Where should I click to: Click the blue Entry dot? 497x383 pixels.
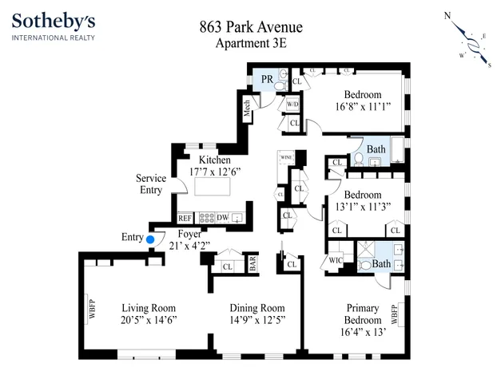point(150,238)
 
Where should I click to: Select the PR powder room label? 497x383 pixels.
point(267,78)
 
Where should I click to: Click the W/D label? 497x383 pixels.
point(292,104)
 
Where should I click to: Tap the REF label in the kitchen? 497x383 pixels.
point(185,217)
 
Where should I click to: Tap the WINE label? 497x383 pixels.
point(286,157)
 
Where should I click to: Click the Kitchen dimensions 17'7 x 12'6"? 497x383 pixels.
point(215,172)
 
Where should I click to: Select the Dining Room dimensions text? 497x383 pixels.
point(257,321)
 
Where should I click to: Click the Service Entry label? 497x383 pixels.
point(150,184)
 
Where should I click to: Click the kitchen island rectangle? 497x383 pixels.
point(210,188)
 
